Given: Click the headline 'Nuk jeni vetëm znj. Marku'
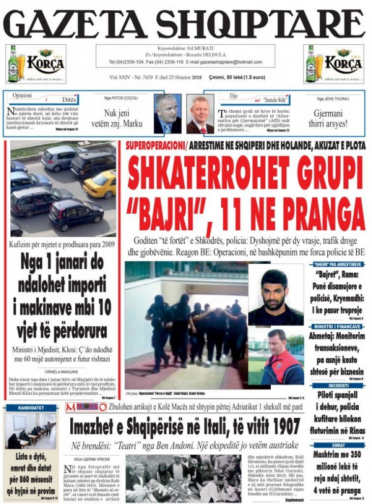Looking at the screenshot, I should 117,118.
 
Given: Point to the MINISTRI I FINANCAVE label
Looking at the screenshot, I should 337,327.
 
